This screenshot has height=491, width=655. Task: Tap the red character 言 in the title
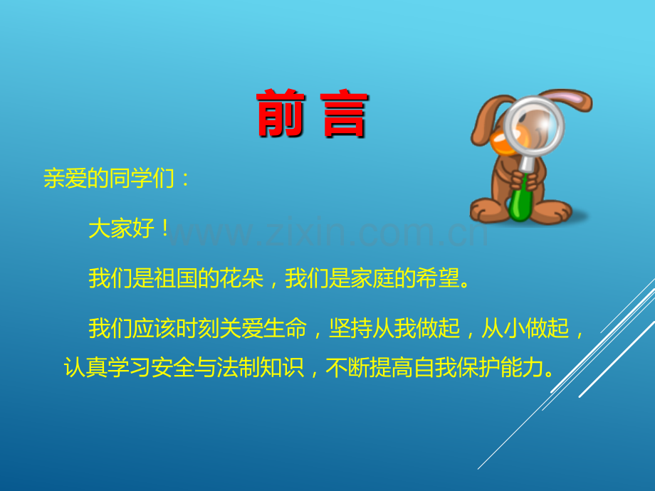[344, 113]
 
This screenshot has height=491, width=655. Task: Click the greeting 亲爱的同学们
[108, 178]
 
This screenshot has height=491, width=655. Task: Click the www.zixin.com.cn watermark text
[327, 231]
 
